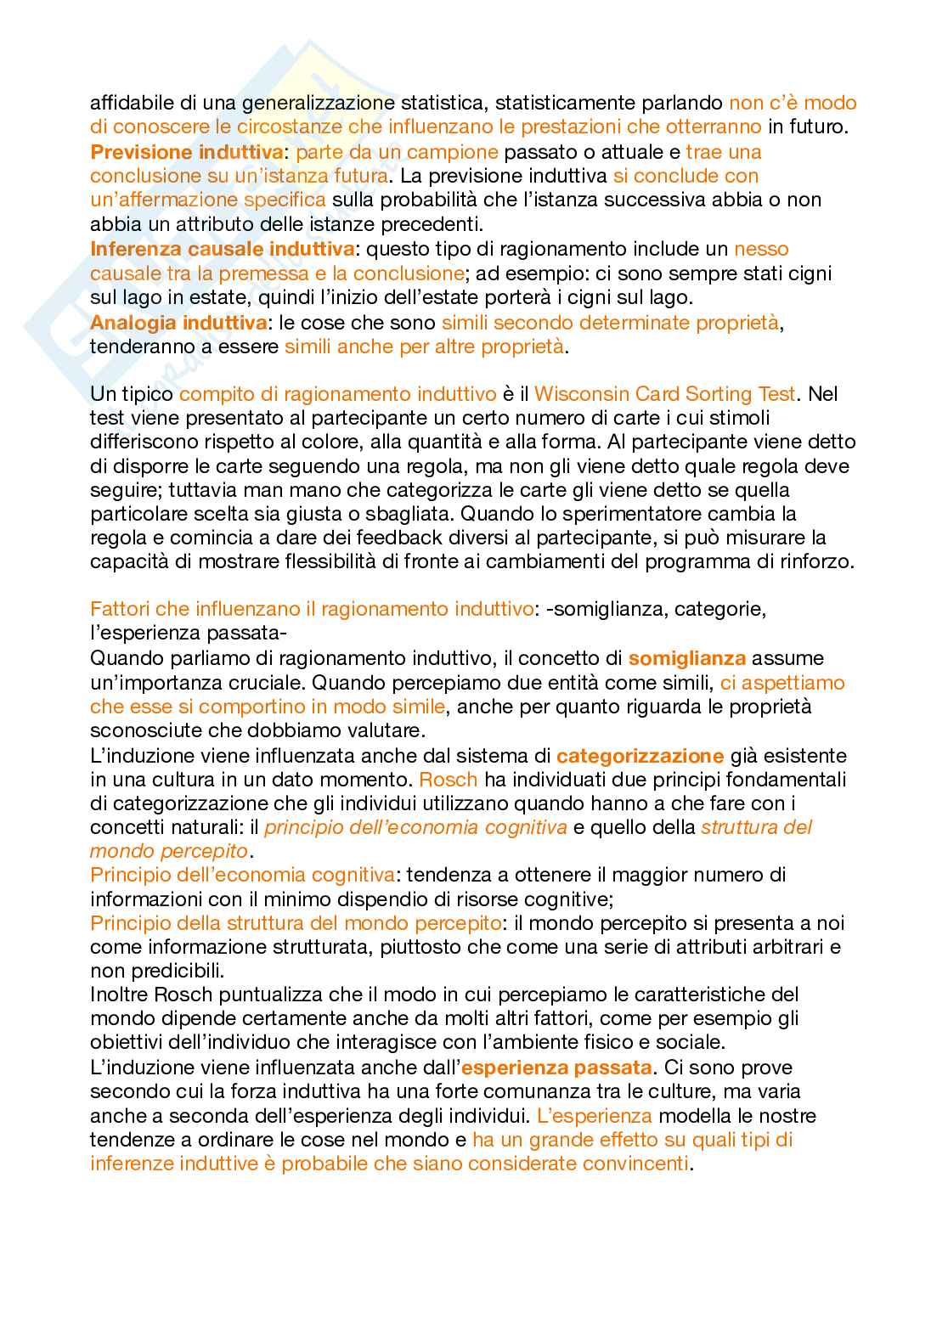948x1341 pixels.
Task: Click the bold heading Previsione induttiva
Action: (x=186, y=152)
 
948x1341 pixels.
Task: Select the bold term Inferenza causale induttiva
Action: (x=222, y=249)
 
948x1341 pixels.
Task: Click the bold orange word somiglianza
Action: (x=686, y=658)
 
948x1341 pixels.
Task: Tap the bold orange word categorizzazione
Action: (x=640, y=756)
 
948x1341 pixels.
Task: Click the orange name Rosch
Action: (x=449, y=780)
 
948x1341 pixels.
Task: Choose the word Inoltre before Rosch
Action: (x=121, y=994)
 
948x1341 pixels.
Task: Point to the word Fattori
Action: (x=119, y=609)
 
